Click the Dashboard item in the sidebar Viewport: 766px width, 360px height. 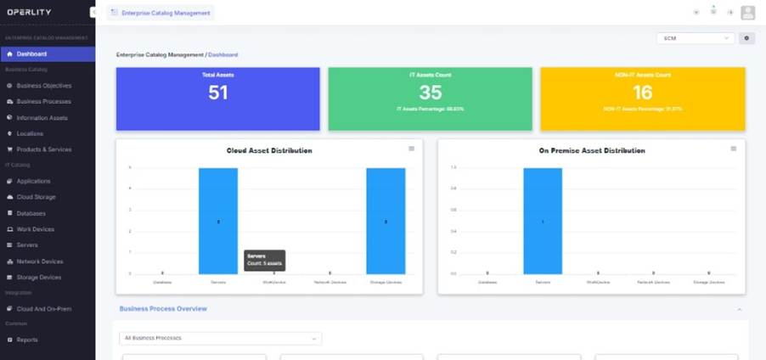point(32,54)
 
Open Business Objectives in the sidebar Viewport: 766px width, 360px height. point(44,86)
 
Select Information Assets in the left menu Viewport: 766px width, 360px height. point(42,118)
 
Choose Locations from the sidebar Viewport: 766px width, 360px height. point(30,133)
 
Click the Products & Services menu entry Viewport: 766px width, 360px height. point(44,149)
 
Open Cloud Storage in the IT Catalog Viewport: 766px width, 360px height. point(36,197)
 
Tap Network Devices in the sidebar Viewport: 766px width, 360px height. point(39,262)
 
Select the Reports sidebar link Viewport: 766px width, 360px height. point(27,340)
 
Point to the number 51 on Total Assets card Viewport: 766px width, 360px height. point(218,93)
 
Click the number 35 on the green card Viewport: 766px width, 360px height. point(431,93)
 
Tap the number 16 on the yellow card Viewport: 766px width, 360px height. point(643,93)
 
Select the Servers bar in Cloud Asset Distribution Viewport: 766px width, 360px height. point(218,221)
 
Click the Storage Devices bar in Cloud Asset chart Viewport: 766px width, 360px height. point(386,221)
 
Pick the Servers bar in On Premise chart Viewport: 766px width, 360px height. point(542,221)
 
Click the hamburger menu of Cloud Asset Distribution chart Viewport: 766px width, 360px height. point(412,149)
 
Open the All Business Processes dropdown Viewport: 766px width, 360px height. point(220,338)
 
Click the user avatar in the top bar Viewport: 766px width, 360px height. point(747,13)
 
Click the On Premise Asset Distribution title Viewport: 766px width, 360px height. point(592,150)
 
